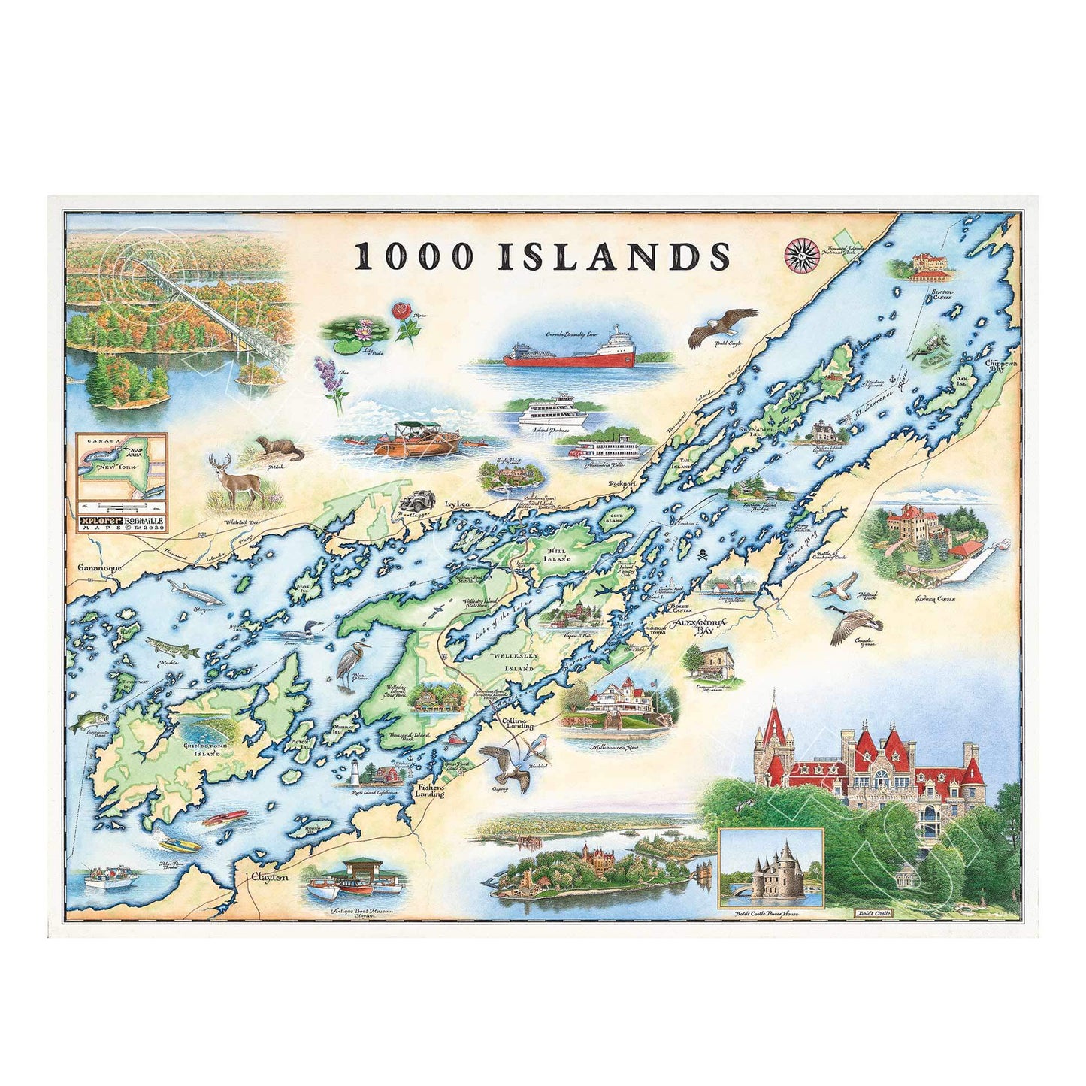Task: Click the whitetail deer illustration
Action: coord(239,482)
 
